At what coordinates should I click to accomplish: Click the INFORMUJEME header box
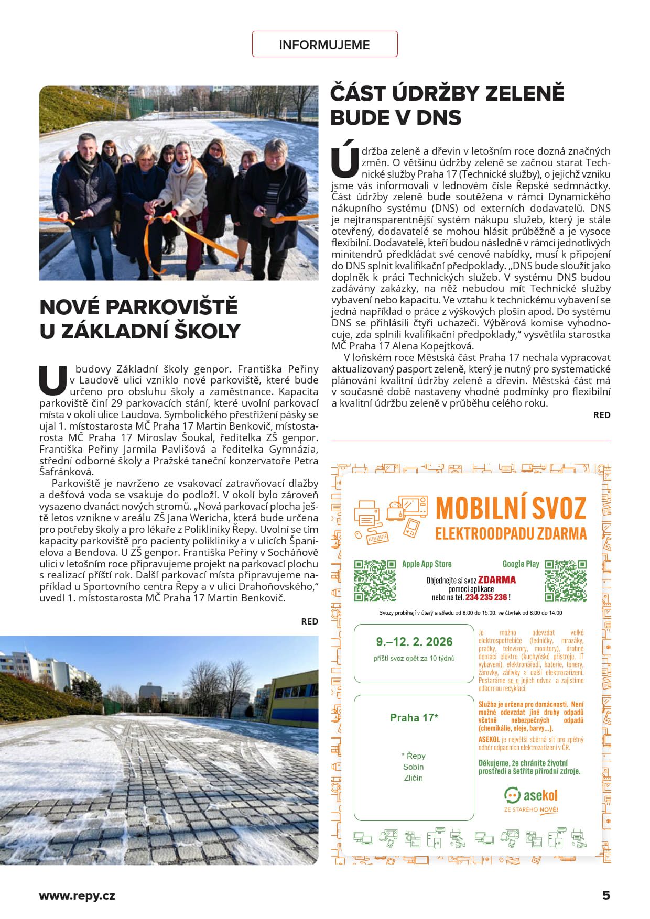pos(324,45)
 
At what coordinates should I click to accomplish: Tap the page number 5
pos(606,895)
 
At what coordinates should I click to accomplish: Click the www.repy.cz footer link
pos(77,896)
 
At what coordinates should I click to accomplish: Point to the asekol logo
pos(530,795)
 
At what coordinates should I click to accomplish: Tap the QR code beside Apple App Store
pos(375,580)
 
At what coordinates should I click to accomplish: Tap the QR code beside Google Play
pos(566,580)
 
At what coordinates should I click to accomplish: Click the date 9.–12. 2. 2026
pos(414,642)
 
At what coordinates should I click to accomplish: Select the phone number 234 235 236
pos(486,597)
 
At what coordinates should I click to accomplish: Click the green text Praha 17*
pos(414,718)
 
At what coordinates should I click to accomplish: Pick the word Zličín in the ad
pos(414,778)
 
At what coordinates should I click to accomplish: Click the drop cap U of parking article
pos(53,380)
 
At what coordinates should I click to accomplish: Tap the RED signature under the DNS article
pos(602,415)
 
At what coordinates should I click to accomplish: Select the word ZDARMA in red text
pos(497,579)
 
